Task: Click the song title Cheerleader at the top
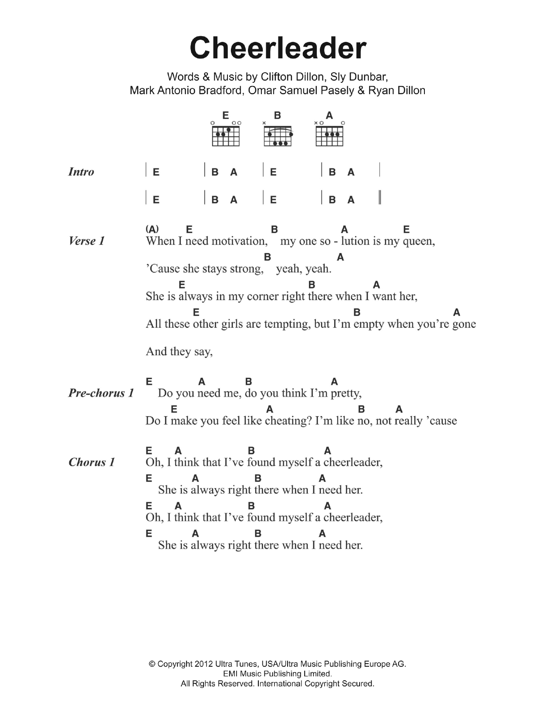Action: [278, 48]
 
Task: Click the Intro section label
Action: [81, 172]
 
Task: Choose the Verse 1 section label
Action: [87, 241]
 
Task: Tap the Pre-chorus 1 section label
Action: [101, 393]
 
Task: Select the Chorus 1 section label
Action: [92, 462]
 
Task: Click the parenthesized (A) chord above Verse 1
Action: [152, 229]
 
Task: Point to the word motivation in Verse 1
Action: [239, 241]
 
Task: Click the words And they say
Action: [179, 352]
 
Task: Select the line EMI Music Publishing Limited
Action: [278, 674]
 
